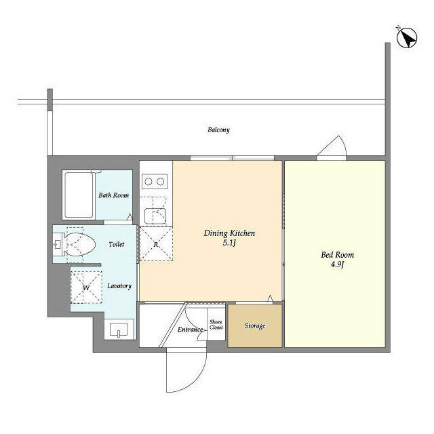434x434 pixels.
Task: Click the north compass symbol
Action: point(407,38)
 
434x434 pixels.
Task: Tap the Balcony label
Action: point(218,130)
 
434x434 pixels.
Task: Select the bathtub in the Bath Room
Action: point(79,195)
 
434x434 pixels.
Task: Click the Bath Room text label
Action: point(113,195)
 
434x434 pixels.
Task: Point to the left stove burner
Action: point(149,182)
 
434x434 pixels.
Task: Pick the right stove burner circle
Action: point(161,182)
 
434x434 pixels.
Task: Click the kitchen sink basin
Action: point(155,216)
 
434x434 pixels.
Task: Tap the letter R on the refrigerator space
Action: point(156,244)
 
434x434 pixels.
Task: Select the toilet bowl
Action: point(80,244)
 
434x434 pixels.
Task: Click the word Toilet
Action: point(117,244)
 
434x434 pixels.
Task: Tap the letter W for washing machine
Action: point(86,288)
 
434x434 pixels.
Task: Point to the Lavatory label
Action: point(119,285)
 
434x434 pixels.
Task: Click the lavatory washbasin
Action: point(119,330)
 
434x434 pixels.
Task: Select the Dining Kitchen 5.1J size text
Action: point(229,243)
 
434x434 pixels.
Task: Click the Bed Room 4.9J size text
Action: point(338,264)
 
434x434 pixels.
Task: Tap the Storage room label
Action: point(255,325)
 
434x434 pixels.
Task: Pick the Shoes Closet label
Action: point(216,324)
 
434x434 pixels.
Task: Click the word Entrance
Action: point(190,330)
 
